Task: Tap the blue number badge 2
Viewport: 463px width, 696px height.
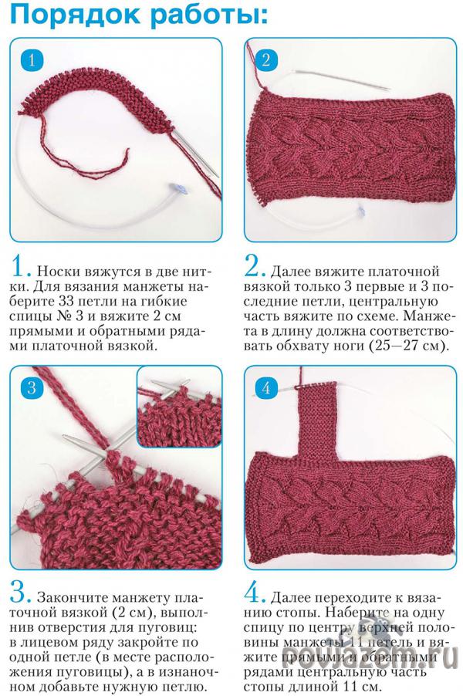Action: (265, 59)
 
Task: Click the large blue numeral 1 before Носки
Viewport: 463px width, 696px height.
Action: (21, 266)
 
